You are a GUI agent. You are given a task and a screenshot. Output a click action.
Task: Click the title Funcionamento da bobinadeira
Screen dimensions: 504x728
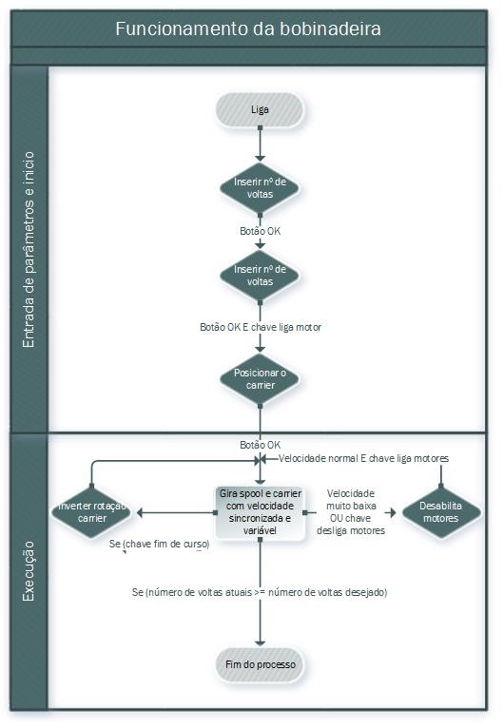[x=248, y=29]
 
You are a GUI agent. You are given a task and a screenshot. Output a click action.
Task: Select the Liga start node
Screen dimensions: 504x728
[x=260, y=110]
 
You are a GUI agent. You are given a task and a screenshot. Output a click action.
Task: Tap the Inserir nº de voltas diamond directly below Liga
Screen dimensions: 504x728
[x=260, y=188]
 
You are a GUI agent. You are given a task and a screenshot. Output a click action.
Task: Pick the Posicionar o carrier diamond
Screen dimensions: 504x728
[x=260, y=379]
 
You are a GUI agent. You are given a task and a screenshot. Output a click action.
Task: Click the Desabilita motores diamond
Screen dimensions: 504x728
[x=441, y=512]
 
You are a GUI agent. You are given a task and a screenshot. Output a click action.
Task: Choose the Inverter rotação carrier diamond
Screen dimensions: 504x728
[x=92, y=512]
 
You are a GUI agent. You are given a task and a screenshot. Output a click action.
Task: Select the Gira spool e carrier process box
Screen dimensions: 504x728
[x=261, y=512]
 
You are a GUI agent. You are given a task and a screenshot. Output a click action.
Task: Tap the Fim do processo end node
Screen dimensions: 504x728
[x=261, y=665]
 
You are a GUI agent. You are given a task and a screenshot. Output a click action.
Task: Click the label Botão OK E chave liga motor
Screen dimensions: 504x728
[x=261, y=327]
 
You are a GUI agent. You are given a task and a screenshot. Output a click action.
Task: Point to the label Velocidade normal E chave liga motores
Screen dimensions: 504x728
[x=363, y=459]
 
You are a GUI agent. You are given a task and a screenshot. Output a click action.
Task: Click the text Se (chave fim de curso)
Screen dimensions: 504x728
[x=160, y=545]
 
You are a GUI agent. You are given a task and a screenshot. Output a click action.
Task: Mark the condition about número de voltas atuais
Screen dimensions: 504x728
[x=260, y=592]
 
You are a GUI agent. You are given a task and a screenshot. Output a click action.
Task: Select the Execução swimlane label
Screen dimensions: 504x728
[x=29, y=571]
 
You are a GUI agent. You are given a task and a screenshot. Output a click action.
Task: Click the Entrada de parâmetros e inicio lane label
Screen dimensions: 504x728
[x=29, y=249]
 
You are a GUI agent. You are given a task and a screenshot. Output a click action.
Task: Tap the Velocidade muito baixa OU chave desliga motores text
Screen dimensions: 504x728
[x=351, y=512]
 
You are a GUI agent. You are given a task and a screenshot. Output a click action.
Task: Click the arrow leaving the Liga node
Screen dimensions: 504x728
[x=261, y=144]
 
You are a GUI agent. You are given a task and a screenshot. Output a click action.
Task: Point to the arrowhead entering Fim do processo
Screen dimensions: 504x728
[x=261, y=643]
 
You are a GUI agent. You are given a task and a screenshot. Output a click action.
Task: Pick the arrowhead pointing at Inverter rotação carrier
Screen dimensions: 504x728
[x=140, y=512]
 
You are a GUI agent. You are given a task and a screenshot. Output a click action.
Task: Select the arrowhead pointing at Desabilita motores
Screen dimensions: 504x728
[x=393, y=512]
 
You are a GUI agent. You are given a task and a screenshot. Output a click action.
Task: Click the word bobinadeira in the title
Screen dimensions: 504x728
[x=330, y=29]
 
